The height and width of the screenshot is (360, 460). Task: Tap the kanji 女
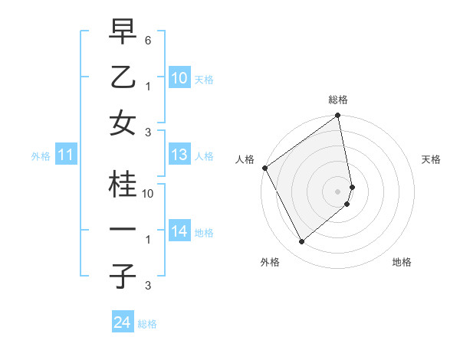click(122, 123)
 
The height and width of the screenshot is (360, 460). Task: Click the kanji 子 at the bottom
click(122, 277)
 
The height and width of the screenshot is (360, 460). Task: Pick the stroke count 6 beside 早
click(148, 40)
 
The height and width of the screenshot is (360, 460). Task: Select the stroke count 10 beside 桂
click(148, 194)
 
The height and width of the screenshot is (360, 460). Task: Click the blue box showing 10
click(179, 77)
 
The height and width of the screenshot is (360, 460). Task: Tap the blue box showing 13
click(179, 155)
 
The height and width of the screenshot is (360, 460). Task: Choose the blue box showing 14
click(179, 231)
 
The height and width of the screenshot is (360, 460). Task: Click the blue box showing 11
click(66, 155)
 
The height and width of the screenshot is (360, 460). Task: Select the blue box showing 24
click(122, 322)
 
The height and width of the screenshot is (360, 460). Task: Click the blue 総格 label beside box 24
click(147, 324)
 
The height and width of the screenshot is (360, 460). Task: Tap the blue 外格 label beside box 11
click(41, 156)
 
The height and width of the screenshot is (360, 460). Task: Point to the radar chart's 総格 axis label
click(338, 100)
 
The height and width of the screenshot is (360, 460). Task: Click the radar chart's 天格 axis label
click(432, 159)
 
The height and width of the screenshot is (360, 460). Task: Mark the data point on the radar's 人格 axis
click(264, 168)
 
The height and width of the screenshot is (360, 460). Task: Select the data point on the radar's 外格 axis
click(301, 241)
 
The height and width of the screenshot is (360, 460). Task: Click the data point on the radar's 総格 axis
click(338, 116)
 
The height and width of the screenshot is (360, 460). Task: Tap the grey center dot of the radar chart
click(338, 191)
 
